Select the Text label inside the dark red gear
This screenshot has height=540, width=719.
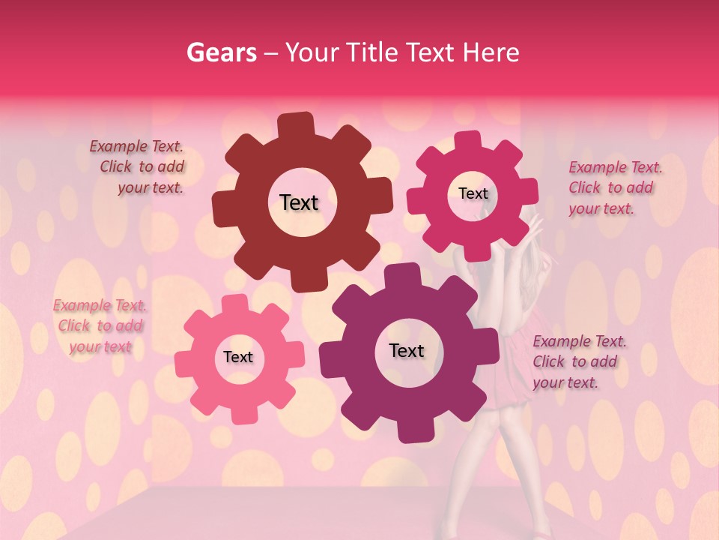tap(299, 202)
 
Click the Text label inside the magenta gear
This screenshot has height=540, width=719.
tap(473, 193)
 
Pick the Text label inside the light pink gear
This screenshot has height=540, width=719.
tap(238, 357)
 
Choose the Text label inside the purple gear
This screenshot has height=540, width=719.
tap(407, 350)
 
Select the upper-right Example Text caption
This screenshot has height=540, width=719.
tap(615, 187)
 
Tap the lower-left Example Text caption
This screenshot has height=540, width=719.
tap(100, 326)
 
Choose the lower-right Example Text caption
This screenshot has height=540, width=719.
tap(579, 361)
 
